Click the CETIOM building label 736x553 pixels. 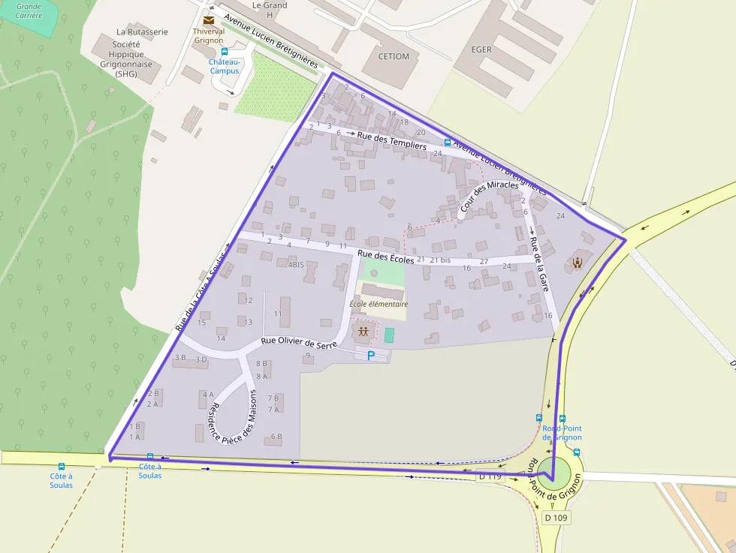pyautogui.click(x=394, y=56)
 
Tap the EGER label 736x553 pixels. pyautogui.click(x=481, y=50)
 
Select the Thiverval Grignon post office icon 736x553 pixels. pyautogui.click(x=208, y=20)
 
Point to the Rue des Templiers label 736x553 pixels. pyautogui.click(x=391, y=141)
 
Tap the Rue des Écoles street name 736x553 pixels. pyautogui.click(x=386, y=257)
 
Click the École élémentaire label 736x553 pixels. pyautogui.click(x=379, y=304)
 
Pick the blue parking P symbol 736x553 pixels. pyautogui.click(x=370, y=355)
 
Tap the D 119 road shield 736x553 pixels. pyautogui.click(x=490, y=476)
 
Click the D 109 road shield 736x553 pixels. pyautogui.click(x=556, y=518)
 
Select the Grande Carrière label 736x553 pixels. pyautogui.click(x=29, y=11)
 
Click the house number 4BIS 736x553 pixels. pyautogui.click(x=296, y=265)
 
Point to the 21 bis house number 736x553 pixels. pyautogui.click(x=440, y=260)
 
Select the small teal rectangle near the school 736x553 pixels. pyautogui.click(x=388, y=335)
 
